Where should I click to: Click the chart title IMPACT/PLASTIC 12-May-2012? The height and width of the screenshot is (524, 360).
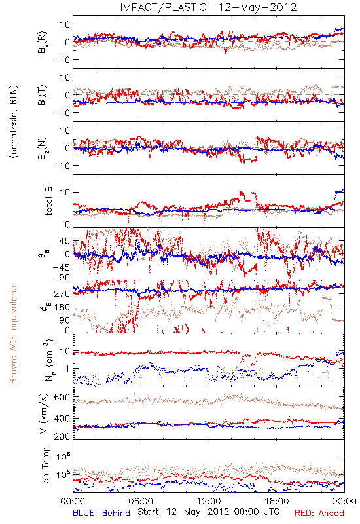coord(208,7)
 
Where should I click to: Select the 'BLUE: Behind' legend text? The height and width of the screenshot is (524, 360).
coord(101,514)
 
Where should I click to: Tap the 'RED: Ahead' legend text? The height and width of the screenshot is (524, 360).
coord(319,514)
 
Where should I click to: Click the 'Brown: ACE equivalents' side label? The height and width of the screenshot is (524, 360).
coord(13,333)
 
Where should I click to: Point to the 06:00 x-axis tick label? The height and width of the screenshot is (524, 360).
coord(141,501)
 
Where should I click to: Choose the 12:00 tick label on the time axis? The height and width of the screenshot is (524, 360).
coord(209,501)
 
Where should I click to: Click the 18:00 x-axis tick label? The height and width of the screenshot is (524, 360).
coord(277,501)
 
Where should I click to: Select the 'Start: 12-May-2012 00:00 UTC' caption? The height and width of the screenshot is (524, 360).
coord(208,512)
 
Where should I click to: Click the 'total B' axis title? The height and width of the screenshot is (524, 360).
coord(48,201)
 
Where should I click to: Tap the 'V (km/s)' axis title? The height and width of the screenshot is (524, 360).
coord(44,413)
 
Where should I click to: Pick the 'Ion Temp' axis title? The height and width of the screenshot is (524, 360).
coord(45,466)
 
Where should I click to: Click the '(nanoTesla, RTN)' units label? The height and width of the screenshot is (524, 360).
coord(14,122)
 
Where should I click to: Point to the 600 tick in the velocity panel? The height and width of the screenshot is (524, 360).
coord(62,397)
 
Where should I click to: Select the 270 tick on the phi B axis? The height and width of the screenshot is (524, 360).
coord(62,293)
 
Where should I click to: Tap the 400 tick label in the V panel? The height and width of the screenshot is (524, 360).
coord(62,418)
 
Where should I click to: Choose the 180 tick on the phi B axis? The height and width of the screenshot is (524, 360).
coord(62,307)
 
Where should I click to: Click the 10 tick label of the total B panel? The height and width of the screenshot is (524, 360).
coord(65,192)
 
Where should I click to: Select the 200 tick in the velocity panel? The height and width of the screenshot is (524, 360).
coord(62,436)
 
